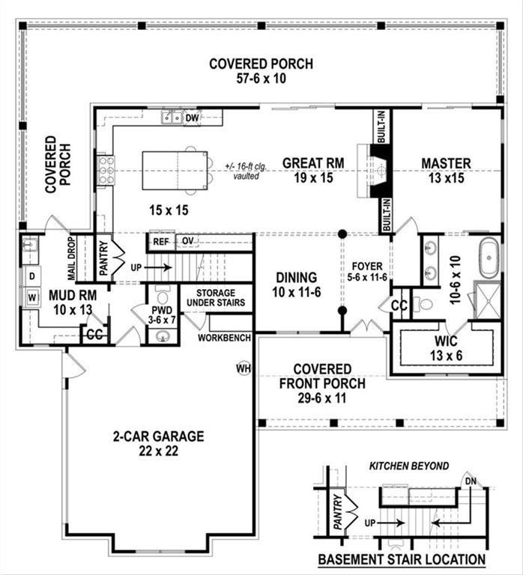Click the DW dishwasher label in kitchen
pyautogui.click(x=192, y=118)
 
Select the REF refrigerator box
pyautogui.click(x=161, y=241)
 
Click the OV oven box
pyautogui.click(x=187, y=241)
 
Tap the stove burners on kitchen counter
pyautogui.click(x=106, y=170)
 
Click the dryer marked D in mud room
pyautogui.click(x=31, y=276)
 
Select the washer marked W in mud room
pyautogui.click(x=31, y=296)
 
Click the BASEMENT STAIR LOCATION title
pyautogui.click(x=401, y=559)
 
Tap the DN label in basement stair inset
pyautogui.click(x=470, y=480)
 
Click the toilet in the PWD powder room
pyautogui.click(x=163, y=293)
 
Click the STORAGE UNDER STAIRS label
pyautogui.click(x=217, y=298)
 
